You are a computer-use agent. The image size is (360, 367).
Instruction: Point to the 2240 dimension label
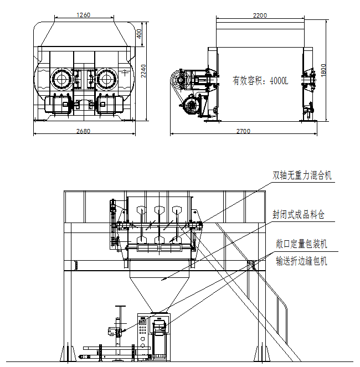[x=143, y=70]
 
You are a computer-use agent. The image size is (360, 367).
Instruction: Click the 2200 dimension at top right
[x=260, y=15]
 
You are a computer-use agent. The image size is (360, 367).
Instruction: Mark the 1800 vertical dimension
[x=324, y=70]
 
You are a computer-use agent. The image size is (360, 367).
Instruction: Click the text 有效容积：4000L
[x=260, y=81]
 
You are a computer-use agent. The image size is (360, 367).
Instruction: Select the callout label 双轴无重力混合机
[x=302, y=175]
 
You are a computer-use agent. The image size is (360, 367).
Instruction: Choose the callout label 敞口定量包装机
[x=302, y=244]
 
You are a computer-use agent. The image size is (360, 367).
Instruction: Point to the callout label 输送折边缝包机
[x=302, y=260]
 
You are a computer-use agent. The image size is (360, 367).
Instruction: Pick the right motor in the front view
[x=111, y=105]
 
